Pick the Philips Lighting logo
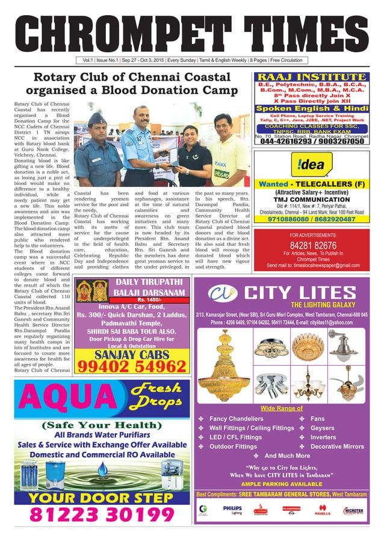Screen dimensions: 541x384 click(x=232, y=510)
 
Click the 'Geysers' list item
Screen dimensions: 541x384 click(x=323, y=428)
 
